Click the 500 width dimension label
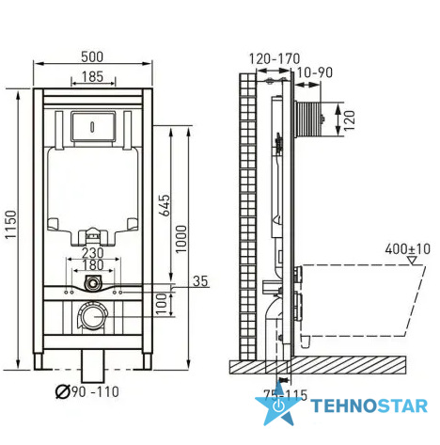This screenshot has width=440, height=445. click(x=92, y=56)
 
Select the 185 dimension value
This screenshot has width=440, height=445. click(x=92, y=76)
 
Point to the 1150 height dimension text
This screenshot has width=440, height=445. click(x=10, y=224)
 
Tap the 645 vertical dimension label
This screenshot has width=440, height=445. click(x=165, y=205)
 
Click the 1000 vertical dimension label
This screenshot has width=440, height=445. click(x=181, y=239)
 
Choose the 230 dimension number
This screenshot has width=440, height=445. click(x=93, y=253)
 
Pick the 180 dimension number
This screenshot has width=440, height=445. click(x=93, y=265)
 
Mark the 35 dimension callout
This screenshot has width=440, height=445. click(x=200, y=281)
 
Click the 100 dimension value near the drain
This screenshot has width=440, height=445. click(x=162, y=304)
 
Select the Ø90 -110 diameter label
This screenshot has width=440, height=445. click(x=87, y=391)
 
